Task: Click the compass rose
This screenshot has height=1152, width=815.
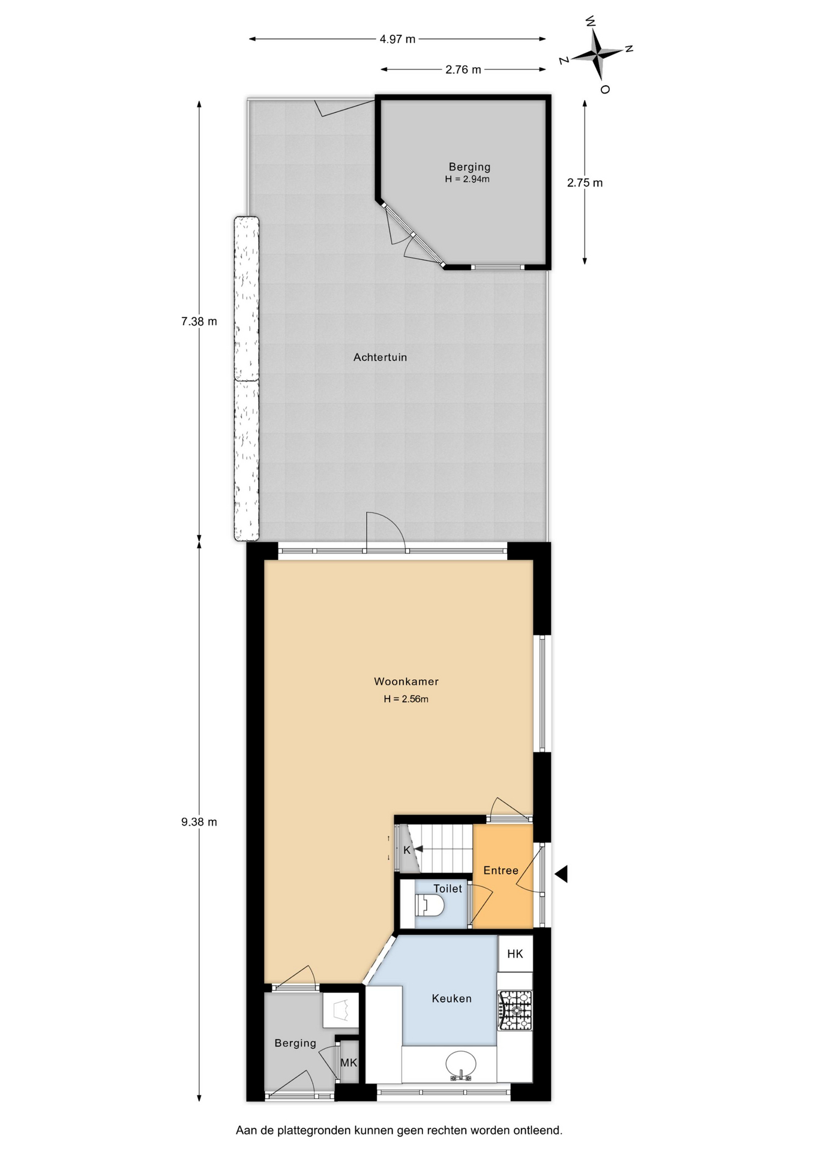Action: [x=597, y=55]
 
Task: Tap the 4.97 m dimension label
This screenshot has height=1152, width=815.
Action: [x=397, y=39]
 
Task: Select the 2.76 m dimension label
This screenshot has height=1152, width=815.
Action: [x=463, y=70]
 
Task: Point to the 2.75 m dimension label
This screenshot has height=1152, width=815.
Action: [x=585, y=183]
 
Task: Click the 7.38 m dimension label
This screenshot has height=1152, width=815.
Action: [x=199, y=322]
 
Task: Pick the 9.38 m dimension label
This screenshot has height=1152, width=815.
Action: [x=199, y=822]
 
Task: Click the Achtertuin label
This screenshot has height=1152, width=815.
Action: [x=380, y=358]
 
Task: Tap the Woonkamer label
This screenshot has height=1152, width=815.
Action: [x=406, y=682]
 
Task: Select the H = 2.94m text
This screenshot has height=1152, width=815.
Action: [x=467, y=179]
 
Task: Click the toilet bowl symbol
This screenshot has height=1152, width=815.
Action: [x=429, y=905]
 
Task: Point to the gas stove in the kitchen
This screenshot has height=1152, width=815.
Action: [x=515, y=1010]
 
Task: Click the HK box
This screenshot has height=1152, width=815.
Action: [x=515, y=954]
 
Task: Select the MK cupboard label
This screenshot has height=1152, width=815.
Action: [x=349, y=1063]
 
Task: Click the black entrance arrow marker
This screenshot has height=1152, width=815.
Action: [x=561, y=874]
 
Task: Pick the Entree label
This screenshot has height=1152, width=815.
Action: [x=501, y=871]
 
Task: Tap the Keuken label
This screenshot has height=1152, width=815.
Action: [x=452, y=999]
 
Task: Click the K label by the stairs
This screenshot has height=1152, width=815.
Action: [x=407, y=850]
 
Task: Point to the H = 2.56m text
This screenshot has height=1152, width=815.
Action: [x=406, y=699]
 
